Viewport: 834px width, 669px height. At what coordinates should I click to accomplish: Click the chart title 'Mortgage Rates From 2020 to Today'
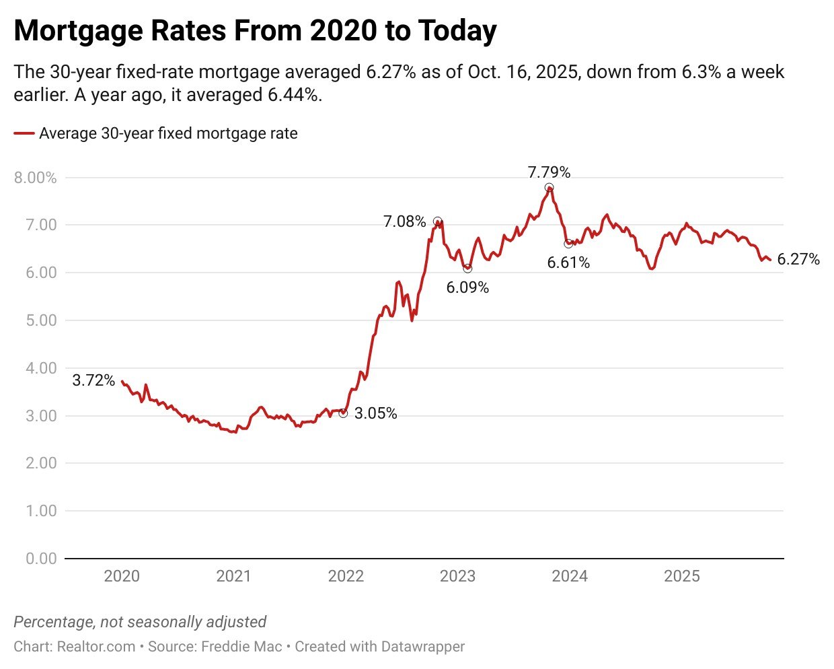(x=255, y=31)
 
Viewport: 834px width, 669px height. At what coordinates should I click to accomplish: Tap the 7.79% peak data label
(x=549, y=172)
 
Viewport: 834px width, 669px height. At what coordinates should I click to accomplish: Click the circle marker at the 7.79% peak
(x=549, y=188)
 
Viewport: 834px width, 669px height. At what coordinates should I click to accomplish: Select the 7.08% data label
(x=404, y=221)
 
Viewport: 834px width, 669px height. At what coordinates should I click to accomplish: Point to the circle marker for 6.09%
(x=467, y=269)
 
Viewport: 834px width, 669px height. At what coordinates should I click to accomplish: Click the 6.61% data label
(x=568, y=262)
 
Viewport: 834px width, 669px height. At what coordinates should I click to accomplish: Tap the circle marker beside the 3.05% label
(x=343, y=413)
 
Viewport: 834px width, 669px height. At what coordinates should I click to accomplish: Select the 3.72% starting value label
(x=93, y=380)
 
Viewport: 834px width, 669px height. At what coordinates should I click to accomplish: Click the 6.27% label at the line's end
(x=798, y=259)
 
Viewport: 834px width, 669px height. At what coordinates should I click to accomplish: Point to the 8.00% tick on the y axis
(x=35, y=178)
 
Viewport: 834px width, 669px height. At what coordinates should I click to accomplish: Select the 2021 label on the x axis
(x=233, y=576)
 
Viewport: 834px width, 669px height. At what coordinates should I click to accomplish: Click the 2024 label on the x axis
(x=570, y=576)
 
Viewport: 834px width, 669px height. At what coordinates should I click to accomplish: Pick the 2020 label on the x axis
(x=122, y=576)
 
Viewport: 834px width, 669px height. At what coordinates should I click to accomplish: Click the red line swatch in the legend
(x=24, y=134)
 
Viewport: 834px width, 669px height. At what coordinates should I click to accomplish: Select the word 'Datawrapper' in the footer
(x=422, y=647)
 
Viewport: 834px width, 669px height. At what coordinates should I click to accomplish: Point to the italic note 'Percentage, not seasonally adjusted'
(x=140, y=621)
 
